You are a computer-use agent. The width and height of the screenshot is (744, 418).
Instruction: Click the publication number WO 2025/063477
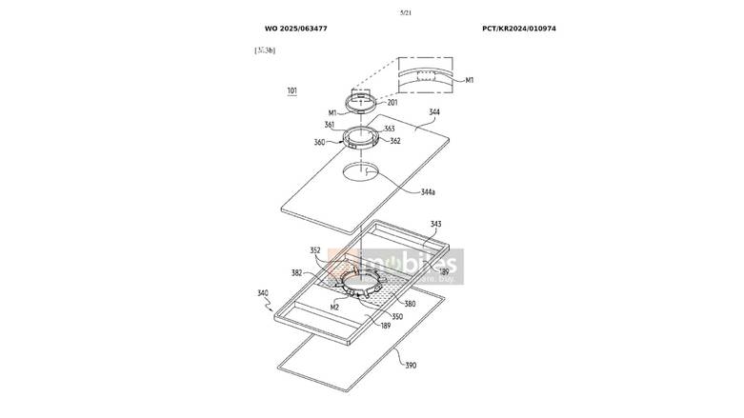coord(296,29)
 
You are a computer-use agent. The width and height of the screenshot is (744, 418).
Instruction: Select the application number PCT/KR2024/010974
coord(519,29)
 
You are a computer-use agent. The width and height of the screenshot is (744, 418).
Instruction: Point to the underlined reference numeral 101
coord(292,91)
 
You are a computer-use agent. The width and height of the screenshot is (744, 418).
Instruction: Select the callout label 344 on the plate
coord(434,112)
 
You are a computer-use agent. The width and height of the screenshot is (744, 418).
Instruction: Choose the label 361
coord(329,125)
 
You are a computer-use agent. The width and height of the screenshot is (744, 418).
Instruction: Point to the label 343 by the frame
coord(435,225)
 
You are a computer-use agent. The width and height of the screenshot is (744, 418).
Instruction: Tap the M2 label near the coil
coord(334,308)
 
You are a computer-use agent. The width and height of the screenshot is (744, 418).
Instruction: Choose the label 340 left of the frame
coord(263,294)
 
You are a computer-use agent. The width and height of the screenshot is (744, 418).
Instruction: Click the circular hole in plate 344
coord(363,173)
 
